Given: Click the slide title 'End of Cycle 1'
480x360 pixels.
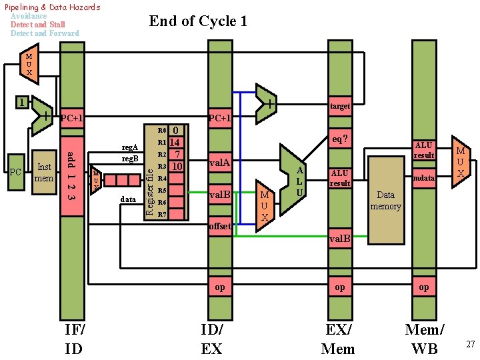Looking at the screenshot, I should [198, 21].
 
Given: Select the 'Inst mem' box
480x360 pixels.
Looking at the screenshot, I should [44, 173].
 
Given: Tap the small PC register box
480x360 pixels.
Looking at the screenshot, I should [16, 173].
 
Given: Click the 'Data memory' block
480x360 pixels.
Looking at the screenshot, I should [386, 200].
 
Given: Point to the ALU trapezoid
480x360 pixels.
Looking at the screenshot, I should [293, 180].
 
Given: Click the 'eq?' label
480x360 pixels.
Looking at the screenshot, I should [339, 140].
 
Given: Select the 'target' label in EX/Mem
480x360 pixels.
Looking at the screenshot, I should [339, 106].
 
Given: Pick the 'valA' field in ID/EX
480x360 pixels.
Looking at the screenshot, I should [220, 162].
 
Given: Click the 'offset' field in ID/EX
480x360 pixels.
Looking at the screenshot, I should [220, 226].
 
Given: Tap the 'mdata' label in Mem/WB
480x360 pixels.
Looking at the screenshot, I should [423, 178].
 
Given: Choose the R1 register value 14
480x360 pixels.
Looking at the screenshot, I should [175, 142].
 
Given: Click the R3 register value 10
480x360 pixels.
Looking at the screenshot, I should [176, 166].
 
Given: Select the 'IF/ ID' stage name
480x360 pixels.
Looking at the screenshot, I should [75, 339].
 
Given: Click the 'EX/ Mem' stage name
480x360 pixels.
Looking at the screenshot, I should [338, 339].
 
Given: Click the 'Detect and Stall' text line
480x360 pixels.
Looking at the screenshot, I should [38, 25].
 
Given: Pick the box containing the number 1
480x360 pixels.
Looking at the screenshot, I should [23, 103].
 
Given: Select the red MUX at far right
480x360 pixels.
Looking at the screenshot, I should [460, 162].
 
